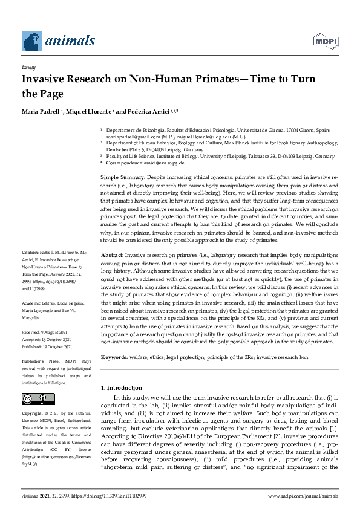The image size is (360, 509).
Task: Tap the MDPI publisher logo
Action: pyautogui.click(x=325, y=41)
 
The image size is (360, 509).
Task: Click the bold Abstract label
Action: pyautogui.click(x=111, y=256)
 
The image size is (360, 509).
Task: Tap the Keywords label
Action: pyautogui.click(x=114, y=358)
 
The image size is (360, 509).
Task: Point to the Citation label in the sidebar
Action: pyautogui.click(x=30, y=251)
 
